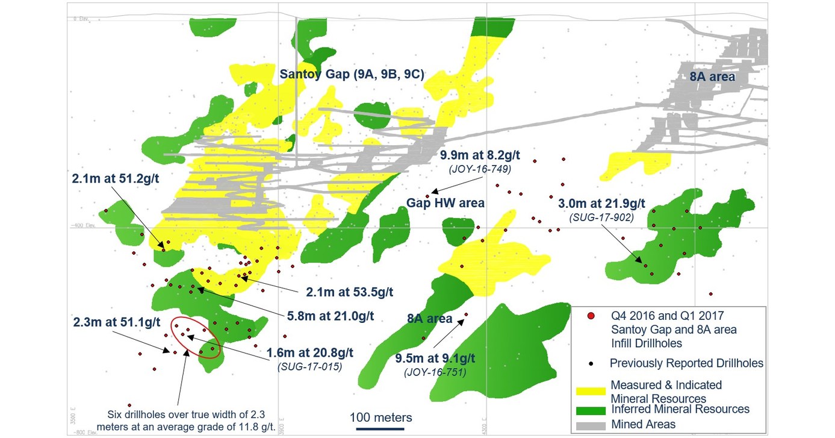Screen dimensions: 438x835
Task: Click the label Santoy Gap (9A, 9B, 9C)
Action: coord(352,75)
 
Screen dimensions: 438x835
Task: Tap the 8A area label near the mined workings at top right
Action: coord(712,77)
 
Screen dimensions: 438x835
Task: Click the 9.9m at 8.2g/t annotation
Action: coord(479,155)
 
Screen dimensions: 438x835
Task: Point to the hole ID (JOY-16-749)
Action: coord(479,169)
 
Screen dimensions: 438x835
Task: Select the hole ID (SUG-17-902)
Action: coord(601,217)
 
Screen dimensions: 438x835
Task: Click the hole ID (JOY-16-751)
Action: coord(435,374)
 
